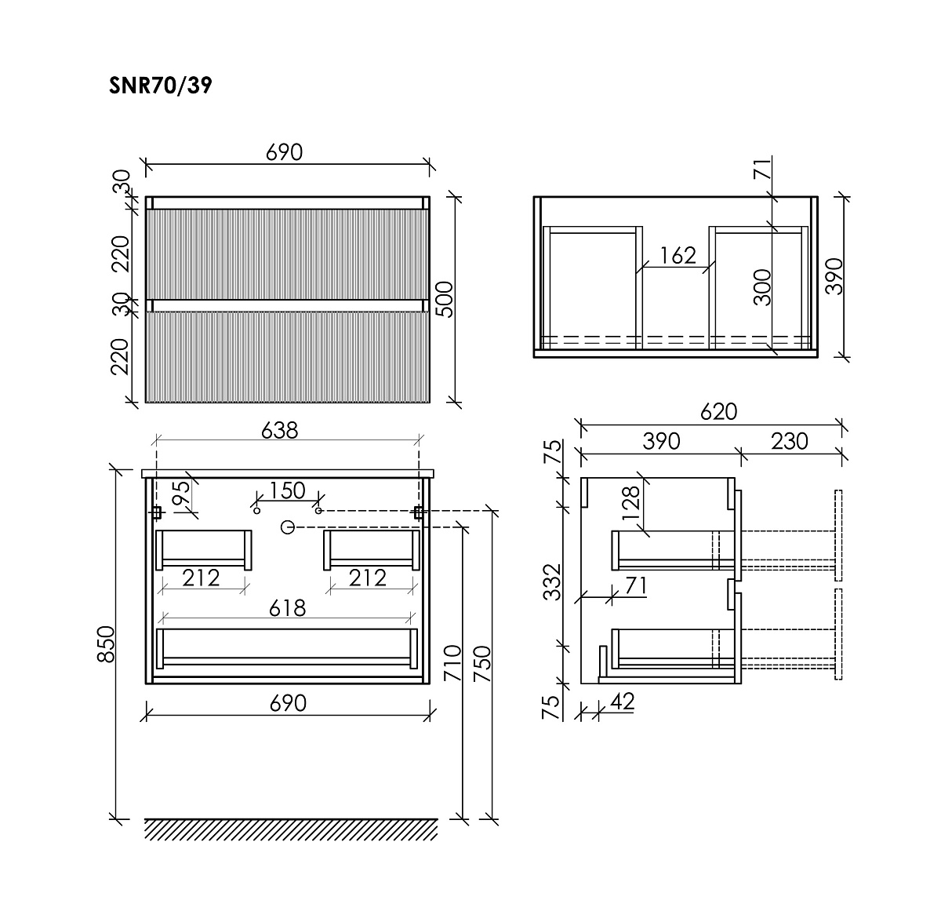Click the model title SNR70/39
pos(161,86)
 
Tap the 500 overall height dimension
pos(445,300)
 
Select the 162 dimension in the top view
pos(678,256)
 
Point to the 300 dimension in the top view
pos(762,287)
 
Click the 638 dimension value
pos(279,430)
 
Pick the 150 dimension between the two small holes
pos(287,490)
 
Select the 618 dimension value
pos(288,608)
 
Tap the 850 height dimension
pos(106,644)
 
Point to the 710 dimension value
pos(453,663)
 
